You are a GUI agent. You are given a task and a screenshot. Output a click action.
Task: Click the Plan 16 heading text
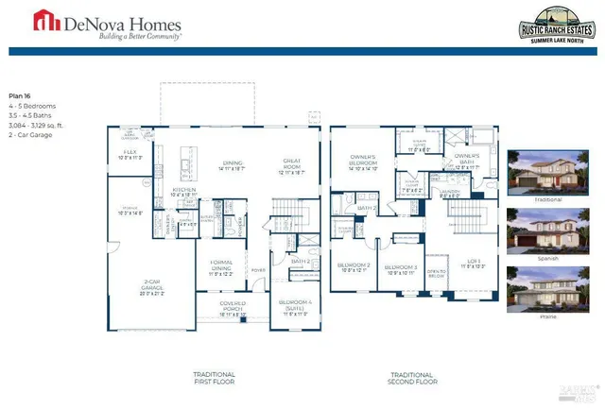21,96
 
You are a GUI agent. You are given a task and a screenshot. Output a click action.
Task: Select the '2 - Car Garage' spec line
30,136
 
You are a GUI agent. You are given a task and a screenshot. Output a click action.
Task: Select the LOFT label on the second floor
471,264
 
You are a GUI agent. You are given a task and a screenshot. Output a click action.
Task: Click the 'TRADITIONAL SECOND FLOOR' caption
414,380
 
